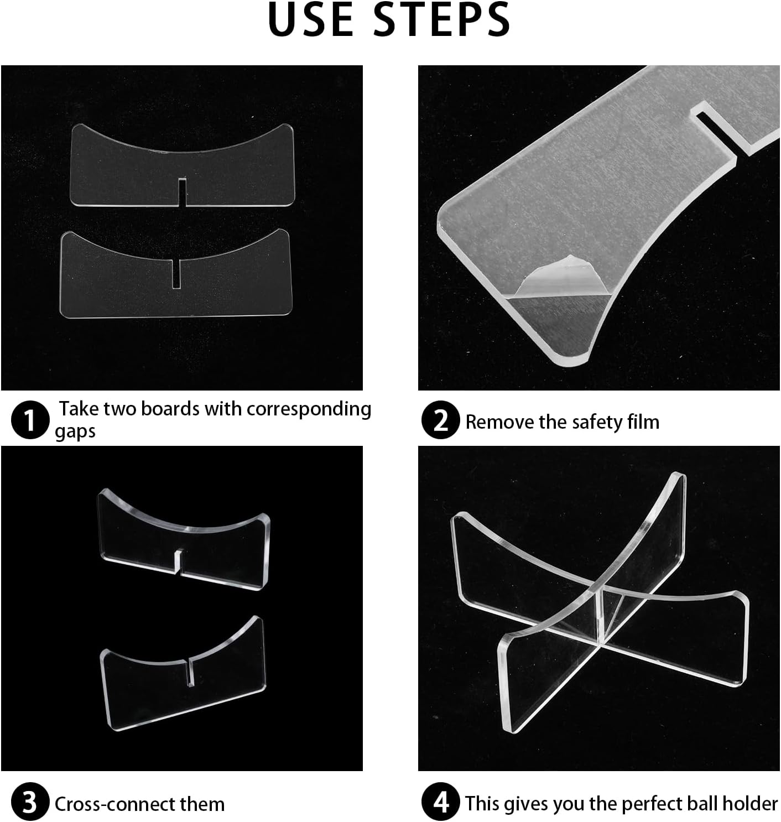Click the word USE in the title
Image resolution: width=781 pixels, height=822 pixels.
click(x=311, y=19)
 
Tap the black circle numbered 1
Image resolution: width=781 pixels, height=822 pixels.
click(x=30, y=419)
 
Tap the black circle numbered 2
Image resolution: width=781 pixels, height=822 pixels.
click(x=441, y=419)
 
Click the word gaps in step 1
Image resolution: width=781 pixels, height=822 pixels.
click(x=75, y=431)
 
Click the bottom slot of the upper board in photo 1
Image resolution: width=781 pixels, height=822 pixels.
click(x=182, y=192)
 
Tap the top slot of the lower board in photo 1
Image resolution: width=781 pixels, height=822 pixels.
click(x=176, y=273)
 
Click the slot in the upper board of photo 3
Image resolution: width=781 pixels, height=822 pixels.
click(x=179, y=560)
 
